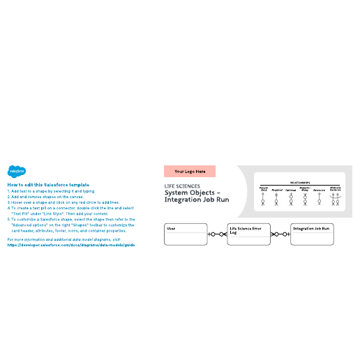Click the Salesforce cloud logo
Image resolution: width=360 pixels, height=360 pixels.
click(x=16, y=170)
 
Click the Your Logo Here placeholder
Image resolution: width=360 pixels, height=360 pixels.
click(x=190, y=171)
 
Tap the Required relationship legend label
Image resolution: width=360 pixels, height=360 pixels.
click(x=277, y=189)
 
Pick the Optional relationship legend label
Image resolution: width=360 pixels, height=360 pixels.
click(x=291, y=189)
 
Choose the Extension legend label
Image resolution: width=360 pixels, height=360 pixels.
click(x=320, y=189)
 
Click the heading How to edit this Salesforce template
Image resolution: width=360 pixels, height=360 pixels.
click(x=48, y=184)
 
